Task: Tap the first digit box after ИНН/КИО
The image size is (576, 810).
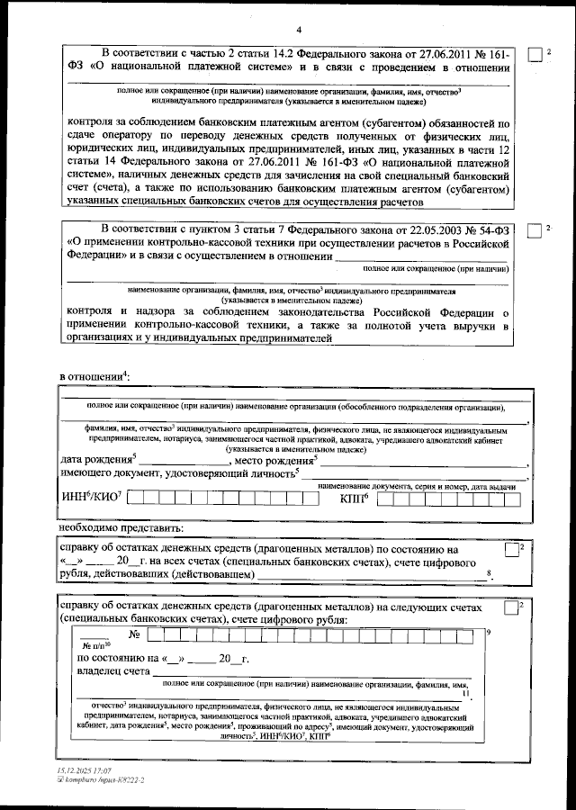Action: [135, 497]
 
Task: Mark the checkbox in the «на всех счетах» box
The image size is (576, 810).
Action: [511, 550]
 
